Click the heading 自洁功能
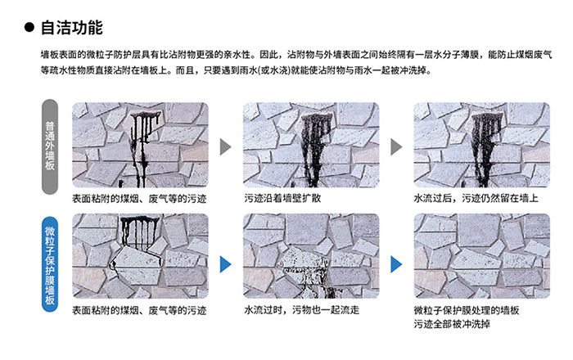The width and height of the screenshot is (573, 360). [72, 28]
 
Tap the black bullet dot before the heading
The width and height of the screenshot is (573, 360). [29, 27]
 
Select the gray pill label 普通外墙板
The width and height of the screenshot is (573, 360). [50, 146]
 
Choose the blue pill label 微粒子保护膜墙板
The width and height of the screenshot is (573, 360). [50, 264]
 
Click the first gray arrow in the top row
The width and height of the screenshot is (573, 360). [225, 146]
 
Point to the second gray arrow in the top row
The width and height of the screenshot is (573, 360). [396, 146]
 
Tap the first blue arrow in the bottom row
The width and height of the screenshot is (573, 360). [225, 264]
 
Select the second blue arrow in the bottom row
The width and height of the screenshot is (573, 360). [396, 264]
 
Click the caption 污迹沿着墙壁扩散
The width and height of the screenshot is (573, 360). [282, 198]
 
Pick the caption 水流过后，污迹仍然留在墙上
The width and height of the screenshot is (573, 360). [476, 198]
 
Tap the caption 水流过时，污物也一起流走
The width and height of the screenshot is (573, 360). [301, 310]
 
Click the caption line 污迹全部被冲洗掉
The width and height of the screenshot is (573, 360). [452, 324]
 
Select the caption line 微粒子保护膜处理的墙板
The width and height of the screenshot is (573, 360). [467, 310]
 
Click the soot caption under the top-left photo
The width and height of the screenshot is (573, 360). [139, 199]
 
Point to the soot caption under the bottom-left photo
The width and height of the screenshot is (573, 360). [139, 310]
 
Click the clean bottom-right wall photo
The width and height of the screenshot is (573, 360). [481, 256]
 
